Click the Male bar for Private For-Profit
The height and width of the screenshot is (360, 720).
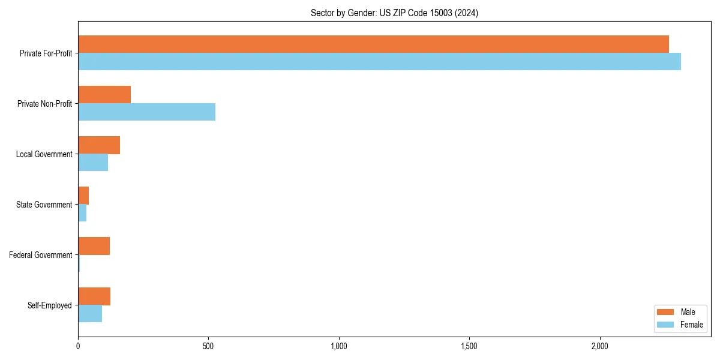coord(373,44)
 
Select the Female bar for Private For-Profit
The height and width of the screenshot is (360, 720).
coord(379,62)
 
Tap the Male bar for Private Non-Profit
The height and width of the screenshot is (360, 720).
coord(104,95)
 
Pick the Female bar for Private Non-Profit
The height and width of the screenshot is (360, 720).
coord(146,112)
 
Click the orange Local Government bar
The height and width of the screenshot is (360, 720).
coord(99,145)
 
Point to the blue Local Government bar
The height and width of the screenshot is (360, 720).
coord(93,163)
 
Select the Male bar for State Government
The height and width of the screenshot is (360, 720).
coord(83,196)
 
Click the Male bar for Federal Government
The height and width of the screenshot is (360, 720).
coord(94,246)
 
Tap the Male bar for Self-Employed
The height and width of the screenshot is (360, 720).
coord(94,296)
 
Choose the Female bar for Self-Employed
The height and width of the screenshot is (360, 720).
coord(90,314)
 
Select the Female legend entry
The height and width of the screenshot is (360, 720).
coord(680,325)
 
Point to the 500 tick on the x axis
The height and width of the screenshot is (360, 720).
coord(208,346)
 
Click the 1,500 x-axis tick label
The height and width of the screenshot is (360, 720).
coord(469,346)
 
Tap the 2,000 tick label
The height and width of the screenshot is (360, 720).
coord(599,346)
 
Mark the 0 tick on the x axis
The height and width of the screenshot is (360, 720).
coord(78,346)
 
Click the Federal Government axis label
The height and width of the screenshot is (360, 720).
coord(41,255)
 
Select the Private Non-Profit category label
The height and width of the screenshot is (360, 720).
coord(44,104)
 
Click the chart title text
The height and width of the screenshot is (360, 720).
coord(394,13)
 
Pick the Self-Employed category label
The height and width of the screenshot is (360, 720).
coord(50,305)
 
